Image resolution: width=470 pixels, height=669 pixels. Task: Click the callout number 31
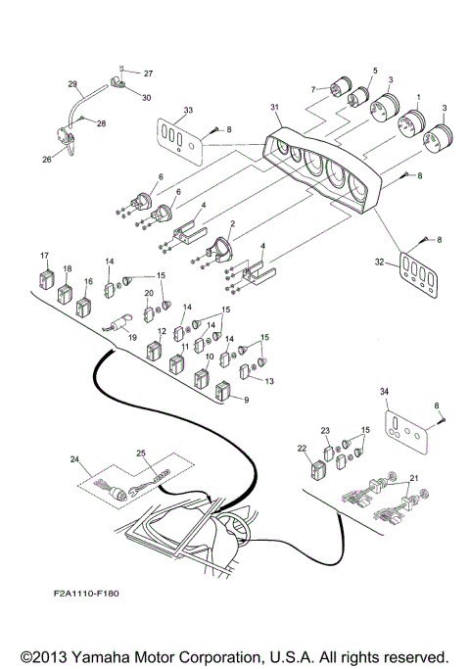274,107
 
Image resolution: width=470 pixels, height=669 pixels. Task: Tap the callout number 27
149,73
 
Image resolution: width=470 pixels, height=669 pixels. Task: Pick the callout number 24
74,458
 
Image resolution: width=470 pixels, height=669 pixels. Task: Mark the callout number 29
72,83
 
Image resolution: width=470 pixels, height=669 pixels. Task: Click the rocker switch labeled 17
46,276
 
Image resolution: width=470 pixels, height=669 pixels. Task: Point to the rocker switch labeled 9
225,393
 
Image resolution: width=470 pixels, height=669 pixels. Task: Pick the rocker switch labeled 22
315,466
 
